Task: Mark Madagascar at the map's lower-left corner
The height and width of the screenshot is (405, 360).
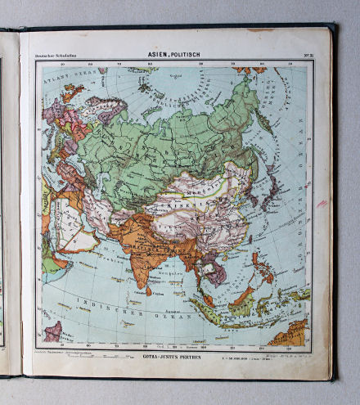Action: click(x=53, y=331)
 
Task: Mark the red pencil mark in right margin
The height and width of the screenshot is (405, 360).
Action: click(x=322, y=203)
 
